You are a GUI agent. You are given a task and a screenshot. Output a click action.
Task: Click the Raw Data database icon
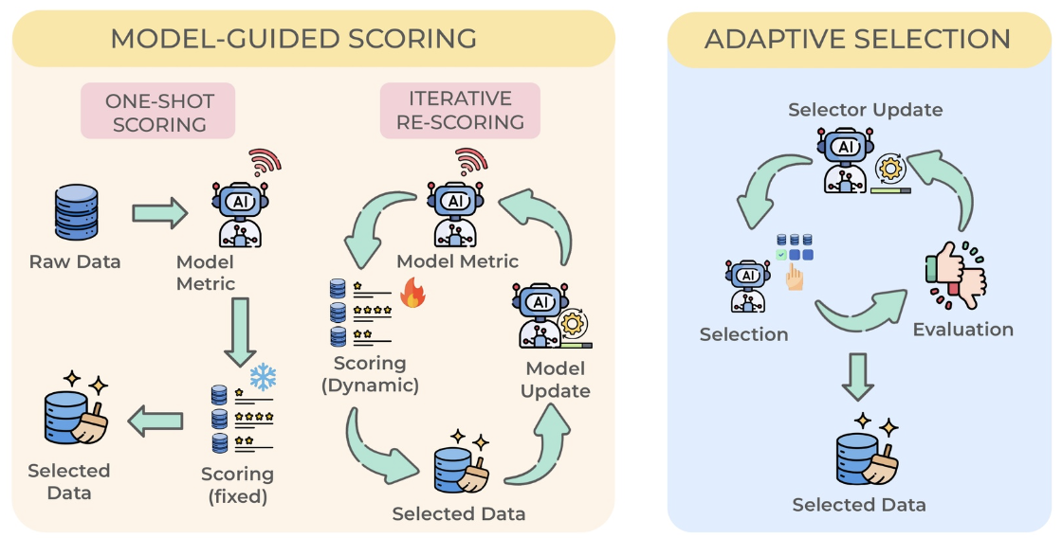click(75, 211)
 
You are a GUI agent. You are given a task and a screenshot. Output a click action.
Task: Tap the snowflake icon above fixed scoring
click(263, 378)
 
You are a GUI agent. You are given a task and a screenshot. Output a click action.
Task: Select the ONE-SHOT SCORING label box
click(158, 112)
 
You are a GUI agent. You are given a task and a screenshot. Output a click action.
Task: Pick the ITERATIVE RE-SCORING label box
click(460, 110)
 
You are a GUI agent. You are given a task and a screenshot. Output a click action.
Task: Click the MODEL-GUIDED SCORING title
click(293, 39)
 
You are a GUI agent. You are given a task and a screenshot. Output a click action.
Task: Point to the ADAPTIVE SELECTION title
click(858, 39)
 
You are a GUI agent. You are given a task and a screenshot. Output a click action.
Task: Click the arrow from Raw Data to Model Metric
click(160, 213)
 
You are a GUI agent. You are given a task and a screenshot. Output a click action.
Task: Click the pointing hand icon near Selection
click(794, 278)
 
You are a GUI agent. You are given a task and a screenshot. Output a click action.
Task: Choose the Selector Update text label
click(865, 110)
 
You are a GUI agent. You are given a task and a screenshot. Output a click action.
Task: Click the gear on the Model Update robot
click(573, 324)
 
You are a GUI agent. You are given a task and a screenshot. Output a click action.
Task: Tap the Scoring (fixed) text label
click(238, 485)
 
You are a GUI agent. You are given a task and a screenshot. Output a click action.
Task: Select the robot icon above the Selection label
click(748, 287)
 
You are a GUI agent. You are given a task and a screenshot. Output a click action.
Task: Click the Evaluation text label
click(963, 330)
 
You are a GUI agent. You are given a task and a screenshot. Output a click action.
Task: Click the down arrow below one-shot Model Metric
click(240, 332)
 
